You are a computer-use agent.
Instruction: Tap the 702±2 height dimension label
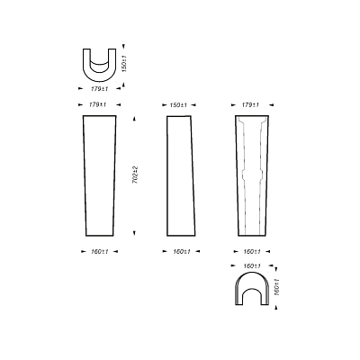(x=135, y=175)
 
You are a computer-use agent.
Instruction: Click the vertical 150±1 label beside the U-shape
(x=124, y=63)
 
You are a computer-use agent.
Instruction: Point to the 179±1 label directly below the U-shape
(x=99, y=89)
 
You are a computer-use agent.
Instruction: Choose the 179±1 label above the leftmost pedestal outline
(x=97, y=104)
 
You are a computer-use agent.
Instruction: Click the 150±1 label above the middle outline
(x=178, y=105)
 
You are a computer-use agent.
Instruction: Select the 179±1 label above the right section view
(x=250, y=105)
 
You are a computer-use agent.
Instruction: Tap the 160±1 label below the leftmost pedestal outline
(x=100, y=252)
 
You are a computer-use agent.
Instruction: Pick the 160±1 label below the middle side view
(x=182, y=252)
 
